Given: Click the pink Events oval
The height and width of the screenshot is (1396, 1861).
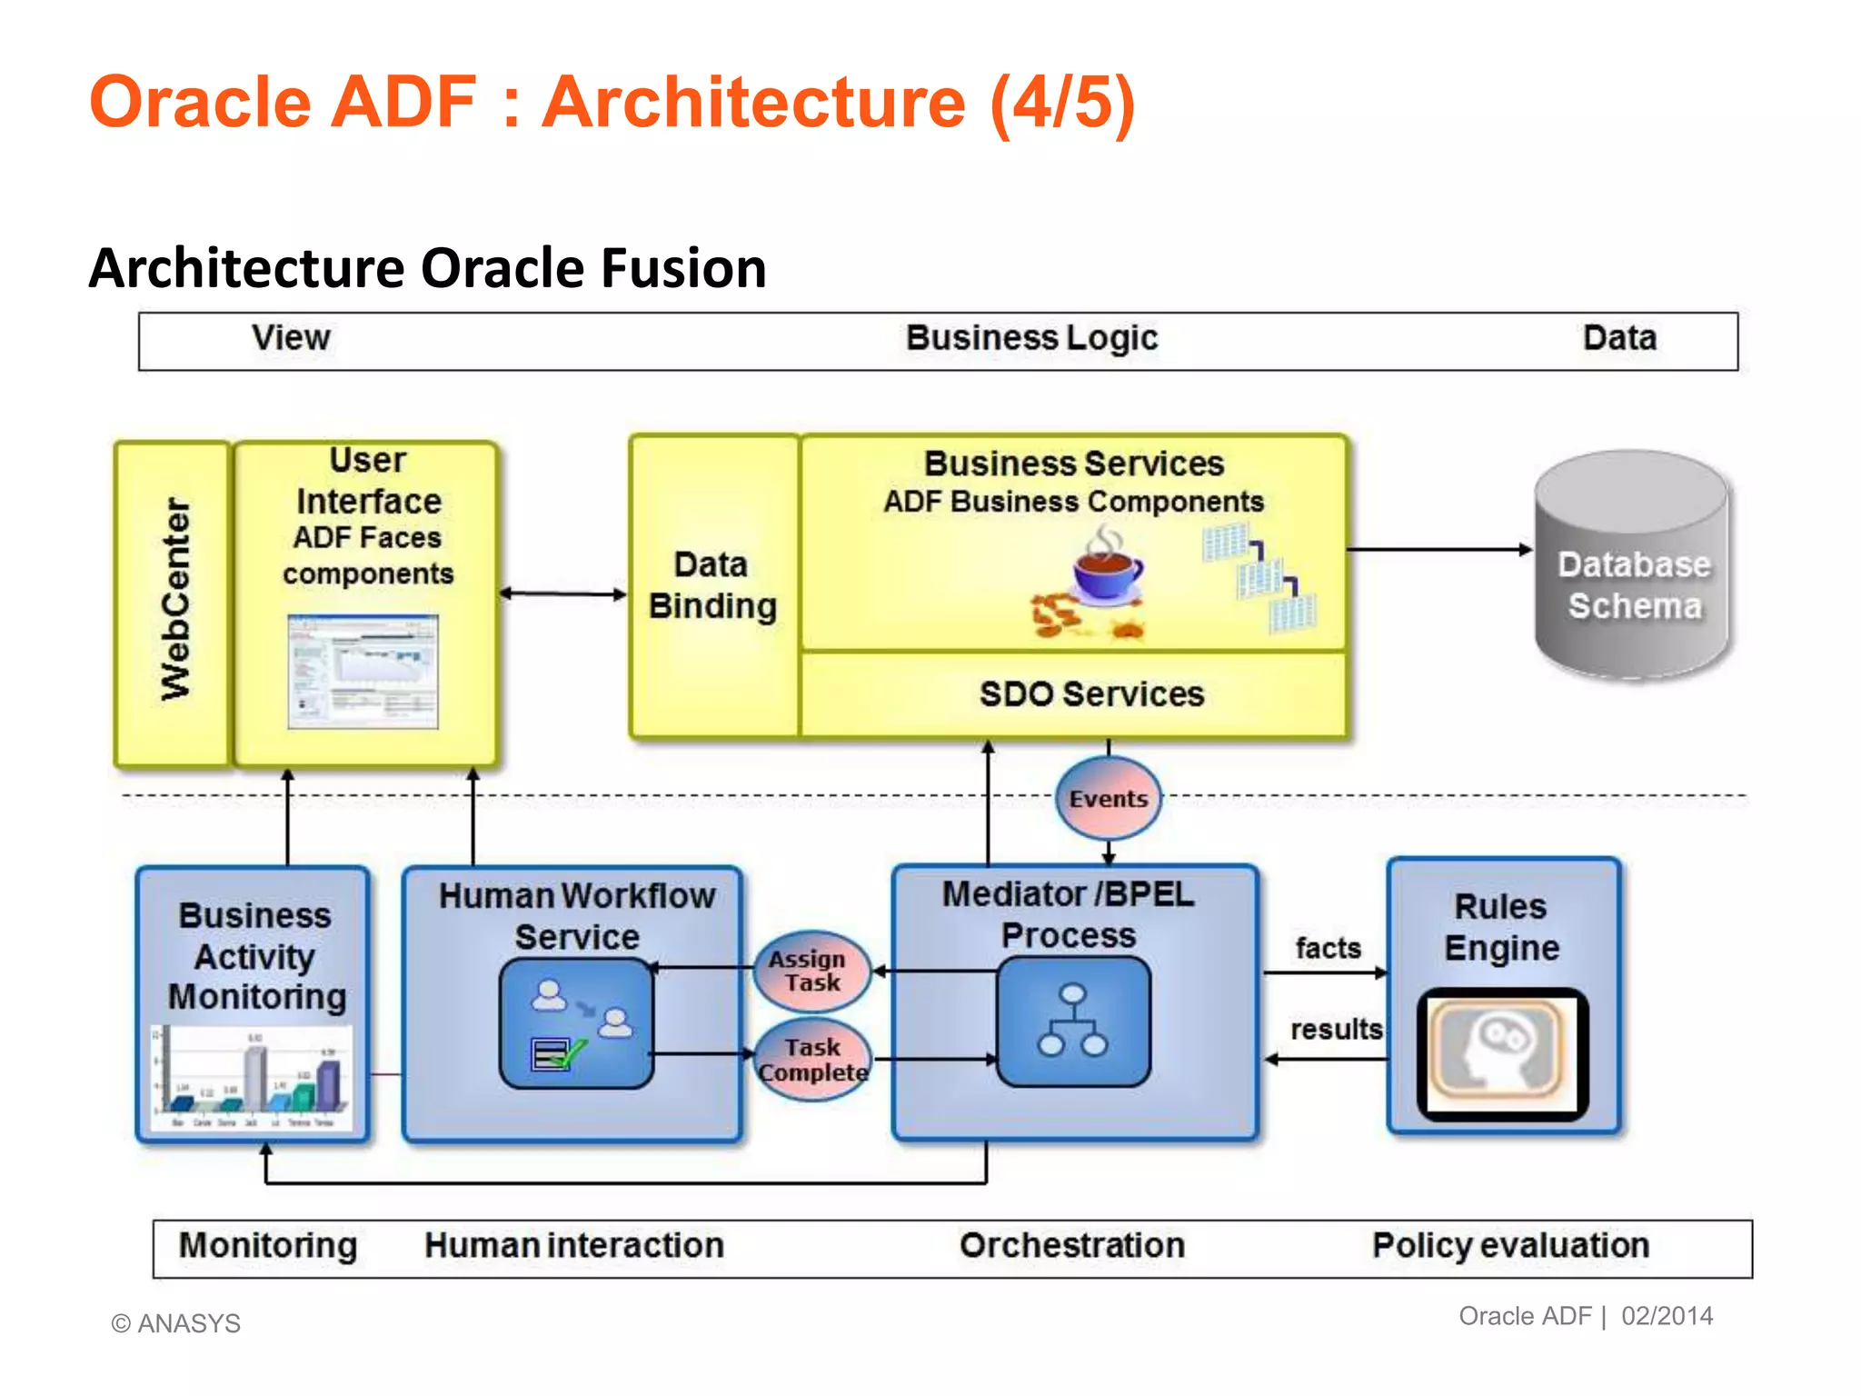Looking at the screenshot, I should pos(1108,798).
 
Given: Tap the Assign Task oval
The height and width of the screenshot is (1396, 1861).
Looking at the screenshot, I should pos(811,971).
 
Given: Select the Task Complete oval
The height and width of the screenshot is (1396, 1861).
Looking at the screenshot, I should pos(813,1060).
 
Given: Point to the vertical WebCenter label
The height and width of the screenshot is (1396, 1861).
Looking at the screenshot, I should pos(174,600).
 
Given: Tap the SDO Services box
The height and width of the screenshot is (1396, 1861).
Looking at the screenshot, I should pos(1090,694).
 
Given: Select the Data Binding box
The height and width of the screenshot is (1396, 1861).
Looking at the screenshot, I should pos(713,586).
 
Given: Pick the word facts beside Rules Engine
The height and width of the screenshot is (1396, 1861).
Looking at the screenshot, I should pos(1328,948).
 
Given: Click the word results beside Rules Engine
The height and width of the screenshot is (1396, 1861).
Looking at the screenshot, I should pos(1336,1029).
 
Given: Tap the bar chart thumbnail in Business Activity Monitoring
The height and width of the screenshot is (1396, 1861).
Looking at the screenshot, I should pos(252,1078).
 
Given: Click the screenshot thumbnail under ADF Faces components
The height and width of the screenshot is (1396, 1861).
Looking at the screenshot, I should pos(363,672).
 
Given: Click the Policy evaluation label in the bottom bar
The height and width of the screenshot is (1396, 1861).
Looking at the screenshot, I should pos(1510,1245).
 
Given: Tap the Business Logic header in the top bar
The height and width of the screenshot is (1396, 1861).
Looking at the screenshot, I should pos(1031,338).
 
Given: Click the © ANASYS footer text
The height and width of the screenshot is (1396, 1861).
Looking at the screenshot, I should pos(176,1323).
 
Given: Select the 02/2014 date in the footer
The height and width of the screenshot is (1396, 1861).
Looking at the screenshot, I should pos(1667,1316).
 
